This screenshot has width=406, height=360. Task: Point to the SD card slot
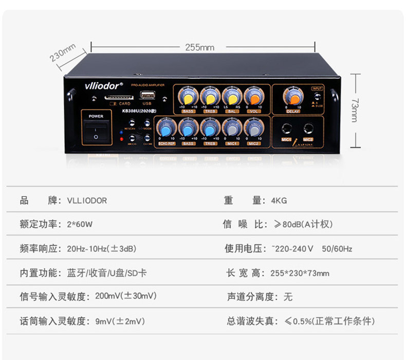pyautogui.click(x=118, y=96)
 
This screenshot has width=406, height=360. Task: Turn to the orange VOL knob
pyautogui.click(x=253, y=97)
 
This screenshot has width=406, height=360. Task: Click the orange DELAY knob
pyautogui.click(x=293, y=97)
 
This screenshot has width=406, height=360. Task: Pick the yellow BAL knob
pyautogui.click(x=232, y=97)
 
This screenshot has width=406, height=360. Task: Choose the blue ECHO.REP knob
pyautogui.click(x=167, y=128)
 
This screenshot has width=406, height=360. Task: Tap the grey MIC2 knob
pyautogui.click(x=253, y=128)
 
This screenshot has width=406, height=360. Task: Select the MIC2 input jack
pyautogui.click(x=308, y=129)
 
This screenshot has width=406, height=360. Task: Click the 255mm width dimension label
pyautogui.click(x=199, y=47)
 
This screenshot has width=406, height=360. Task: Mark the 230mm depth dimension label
pyautogui.click(x=63, y=53)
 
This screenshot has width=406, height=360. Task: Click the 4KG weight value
pyautogui.click(x=279, y=201)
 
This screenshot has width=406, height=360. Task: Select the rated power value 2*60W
pyautogui.click(x=80, y=224)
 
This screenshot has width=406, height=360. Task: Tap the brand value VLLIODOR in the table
pyautogui.click(x=87, y=201)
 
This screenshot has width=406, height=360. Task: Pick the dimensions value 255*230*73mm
pyautogui.click(x=300, y=273)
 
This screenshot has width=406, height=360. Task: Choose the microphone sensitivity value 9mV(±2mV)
pyautogui.click(x=120, y=321)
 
